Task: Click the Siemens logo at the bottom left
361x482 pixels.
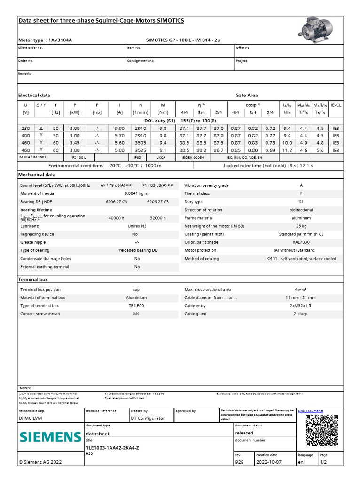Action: pyautogui.click(x=50, y=437)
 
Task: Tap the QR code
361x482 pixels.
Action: pyautogui.click(x=322, y=431)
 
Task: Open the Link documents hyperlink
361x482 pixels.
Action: pyautogui.click(x=311, y=411)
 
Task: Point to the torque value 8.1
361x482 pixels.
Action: pyautogui.click(x=163, y=150)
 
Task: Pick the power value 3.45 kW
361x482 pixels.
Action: pyautogui.click(x=74, y=143)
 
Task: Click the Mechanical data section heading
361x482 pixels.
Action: pyautogui.click(x=37, y=174)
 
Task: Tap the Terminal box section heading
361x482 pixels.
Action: pyautogui.click(x=33, y=279)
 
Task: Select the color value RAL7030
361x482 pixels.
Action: pyautogui.click(x=301, y=242)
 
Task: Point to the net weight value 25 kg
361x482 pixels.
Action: pyautogui.click(x=301, y=226)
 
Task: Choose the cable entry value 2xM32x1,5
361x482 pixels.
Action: pyautogui.click(x=301, y=306)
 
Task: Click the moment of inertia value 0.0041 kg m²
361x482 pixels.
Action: pyautogui.click(x=137, y=193)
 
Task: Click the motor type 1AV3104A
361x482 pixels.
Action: pyautogui.click(x=60, y=40)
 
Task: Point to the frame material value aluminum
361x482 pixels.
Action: pyautogui.click(x=301, y=218)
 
